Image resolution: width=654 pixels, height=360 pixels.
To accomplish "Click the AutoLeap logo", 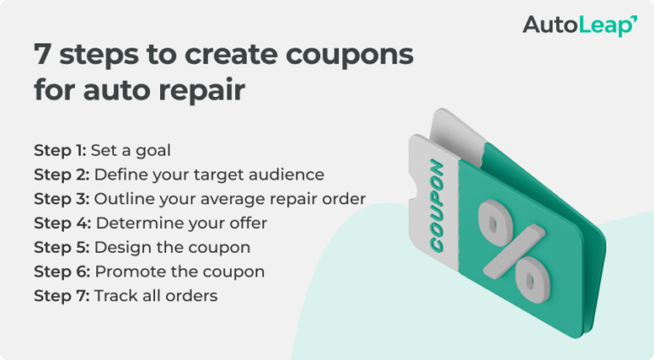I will [x=579, y=26].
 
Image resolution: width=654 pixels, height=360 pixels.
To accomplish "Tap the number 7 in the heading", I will [x=41, y=55].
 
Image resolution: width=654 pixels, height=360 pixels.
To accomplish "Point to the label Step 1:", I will [x=60, y=151].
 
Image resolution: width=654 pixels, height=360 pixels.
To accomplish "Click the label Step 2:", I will [x=61, y=174].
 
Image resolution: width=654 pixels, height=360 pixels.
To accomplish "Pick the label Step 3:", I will [x=61, y=199].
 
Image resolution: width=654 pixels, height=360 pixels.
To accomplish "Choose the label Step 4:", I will [x=61, y=223].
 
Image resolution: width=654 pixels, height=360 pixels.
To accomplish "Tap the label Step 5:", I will [x=61, y=248].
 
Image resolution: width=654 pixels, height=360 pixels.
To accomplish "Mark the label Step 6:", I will [x=61, y=271].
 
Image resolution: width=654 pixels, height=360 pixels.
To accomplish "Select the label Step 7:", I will [x=61, y=296].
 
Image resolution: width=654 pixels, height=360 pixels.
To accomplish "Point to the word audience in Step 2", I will [x=287, y=175].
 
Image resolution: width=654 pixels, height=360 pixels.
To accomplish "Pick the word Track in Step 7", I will [x=113, y=296].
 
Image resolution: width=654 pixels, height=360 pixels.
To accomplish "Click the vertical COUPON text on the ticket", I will [x=436, y=203].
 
